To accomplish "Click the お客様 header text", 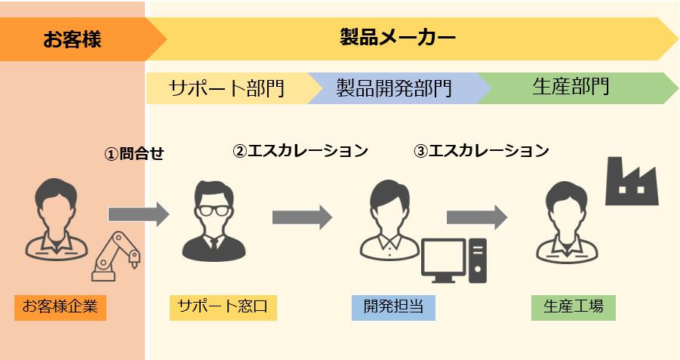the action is coord(72,39).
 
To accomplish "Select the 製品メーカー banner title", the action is coord(398,37).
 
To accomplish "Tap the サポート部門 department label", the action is coord(226,88).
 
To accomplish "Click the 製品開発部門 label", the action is coord(394,88).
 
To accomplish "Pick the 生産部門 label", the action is coord(571,86).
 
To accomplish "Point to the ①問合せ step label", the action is coord(134,153).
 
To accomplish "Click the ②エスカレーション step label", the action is coord(300,150).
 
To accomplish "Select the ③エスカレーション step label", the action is coord(482,150).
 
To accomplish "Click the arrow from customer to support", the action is coord(139,214).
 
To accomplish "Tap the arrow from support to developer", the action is coord(303,217).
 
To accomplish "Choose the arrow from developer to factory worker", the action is coord(477,217).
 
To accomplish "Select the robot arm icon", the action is coord(115,257).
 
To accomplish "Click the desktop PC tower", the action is coord(478,260).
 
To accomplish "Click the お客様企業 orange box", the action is coord(60,307).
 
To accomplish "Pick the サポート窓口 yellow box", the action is coord(223,307).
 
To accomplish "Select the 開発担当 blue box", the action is coord(393,307).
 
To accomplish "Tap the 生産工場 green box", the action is coord(574,307).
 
